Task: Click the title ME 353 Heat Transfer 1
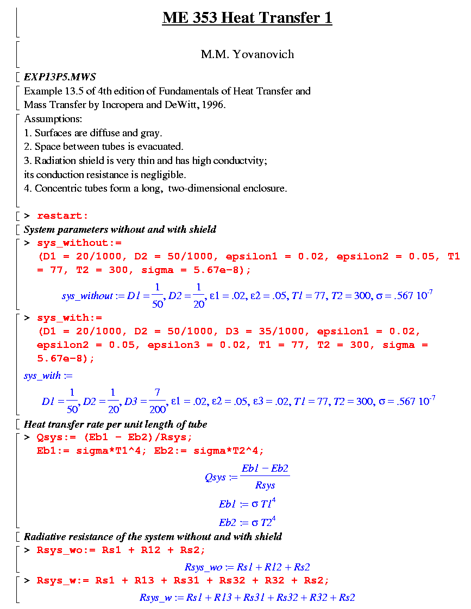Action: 247,18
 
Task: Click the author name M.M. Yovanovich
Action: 247,54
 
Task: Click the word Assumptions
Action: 53,119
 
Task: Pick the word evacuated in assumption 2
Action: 162,147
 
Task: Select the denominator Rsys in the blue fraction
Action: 265,485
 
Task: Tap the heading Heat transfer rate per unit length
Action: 115,424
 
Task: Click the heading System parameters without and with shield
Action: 120,229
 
